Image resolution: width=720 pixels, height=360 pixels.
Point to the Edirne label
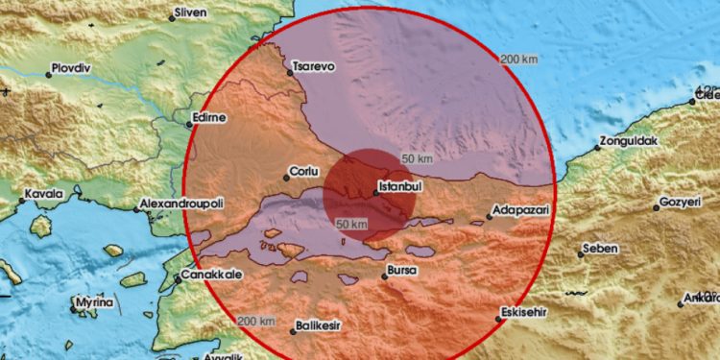click(211, 117)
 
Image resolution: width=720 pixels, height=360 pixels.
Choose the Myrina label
click(97, 303)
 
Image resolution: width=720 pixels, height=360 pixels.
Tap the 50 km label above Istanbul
click(416, 157)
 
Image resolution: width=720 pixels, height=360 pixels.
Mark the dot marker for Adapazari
click(489, 216)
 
